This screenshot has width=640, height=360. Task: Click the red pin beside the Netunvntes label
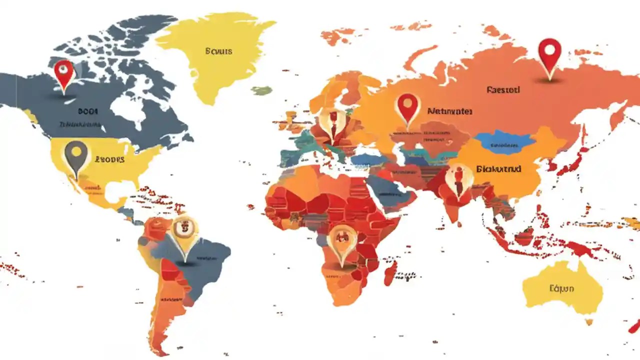(408, 107)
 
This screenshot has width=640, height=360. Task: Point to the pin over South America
(185, 231)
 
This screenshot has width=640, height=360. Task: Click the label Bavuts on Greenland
(218, 51)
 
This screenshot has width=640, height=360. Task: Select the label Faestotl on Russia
(503, 90)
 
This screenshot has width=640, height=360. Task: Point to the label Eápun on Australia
(561, 288)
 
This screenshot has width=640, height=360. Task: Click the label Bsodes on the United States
(109, 159)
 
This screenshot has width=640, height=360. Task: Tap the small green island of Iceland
(261, 90)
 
